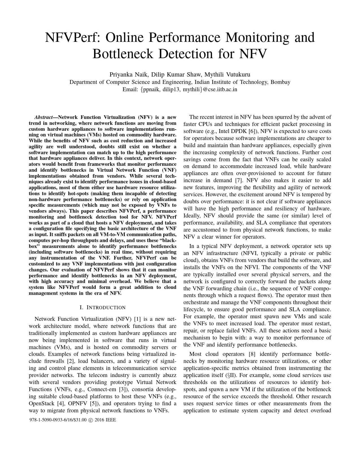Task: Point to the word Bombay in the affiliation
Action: (x=280, y=82)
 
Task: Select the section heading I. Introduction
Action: (x=102, y=307)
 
